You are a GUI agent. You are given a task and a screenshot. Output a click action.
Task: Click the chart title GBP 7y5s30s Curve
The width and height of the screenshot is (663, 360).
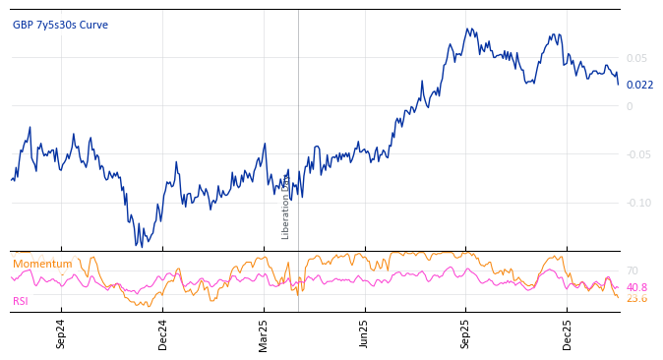(60, 25)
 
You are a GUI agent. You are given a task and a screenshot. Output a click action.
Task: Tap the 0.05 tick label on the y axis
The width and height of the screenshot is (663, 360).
(636, 58)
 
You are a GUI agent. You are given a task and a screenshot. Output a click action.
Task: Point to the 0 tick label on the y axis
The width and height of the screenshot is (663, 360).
(630, 106)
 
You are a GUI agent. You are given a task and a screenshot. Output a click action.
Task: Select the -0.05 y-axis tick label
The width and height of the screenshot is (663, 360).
(638, 154)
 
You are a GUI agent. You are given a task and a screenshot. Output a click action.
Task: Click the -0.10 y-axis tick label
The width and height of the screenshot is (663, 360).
(638, 203)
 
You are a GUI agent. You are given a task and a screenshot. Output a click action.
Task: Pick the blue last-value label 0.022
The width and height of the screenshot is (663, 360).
(639, 85)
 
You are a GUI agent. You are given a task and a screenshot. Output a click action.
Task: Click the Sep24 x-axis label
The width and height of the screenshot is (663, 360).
(61, 333)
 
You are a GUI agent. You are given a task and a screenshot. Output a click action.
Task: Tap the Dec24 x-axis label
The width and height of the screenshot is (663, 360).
(162, 333)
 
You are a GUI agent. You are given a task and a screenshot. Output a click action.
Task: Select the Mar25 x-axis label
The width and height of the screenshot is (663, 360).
(264, 333)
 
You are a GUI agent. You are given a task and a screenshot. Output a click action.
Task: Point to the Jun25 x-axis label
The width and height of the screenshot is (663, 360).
(364, 333)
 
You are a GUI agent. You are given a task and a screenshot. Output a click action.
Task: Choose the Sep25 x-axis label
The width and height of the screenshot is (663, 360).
(465, 333)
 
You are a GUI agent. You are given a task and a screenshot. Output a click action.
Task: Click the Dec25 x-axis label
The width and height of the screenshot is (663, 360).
(567, 333)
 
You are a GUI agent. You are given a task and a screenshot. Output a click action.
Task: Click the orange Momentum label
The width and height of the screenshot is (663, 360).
(42, 264)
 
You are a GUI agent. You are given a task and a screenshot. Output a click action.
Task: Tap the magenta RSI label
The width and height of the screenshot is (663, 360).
(21, 301)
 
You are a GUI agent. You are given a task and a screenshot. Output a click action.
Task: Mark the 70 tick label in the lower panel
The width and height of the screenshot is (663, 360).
(633, 270)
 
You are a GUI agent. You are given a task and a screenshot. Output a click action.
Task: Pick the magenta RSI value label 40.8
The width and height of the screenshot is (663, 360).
(636, 287)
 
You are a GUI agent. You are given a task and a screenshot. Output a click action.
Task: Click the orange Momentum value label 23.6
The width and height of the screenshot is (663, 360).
(636, 298)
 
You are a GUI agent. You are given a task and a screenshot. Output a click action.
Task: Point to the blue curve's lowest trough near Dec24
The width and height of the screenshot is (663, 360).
(140, 245)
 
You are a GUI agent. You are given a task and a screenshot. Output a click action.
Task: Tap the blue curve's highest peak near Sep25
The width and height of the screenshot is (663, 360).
(468, 29)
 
